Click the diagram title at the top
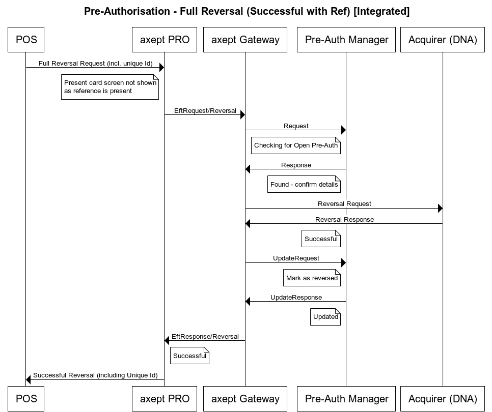pyautogui.click(x=247, y=11)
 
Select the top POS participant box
pyautogui.click(x=26, y=40)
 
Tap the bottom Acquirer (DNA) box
pyautogui.click(x=442, y=399)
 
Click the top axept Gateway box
pyautogui.click(x=245, y=40)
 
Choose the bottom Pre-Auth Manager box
pyautogui.click(x=346, y=399)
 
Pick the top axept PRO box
pyautogui.click(x=164, y=40)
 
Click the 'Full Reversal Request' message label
pyautogui.click(x=95, y=64)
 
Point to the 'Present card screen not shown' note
pyautogui.click(x=110, y=86)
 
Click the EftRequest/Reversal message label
pyautogui.click(x=205, y=110)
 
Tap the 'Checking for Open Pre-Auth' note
pyautogui.click(x=296, y=145)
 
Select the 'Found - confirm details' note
pyautogui.click(x=304, y=184)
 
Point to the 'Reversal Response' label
pyautogui.click(x=344, y=220)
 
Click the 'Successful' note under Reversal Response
pyautogui.click(x=321, y=239)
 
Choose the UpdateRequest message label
pyautogui.click(x=296, y=258)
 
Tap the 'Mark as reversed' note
pyautogui.click(x=312, y=278)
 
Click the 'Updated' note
pyautogui.click(x=325, y=317)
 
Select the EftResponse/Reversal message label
pyautogui.click(x=205, y=337)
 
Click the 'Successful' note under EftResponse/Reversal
pyautogui.click(x=189, y=356)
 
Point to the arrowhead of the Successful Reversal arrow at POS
pyautogui.click(x=29, y=379)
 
